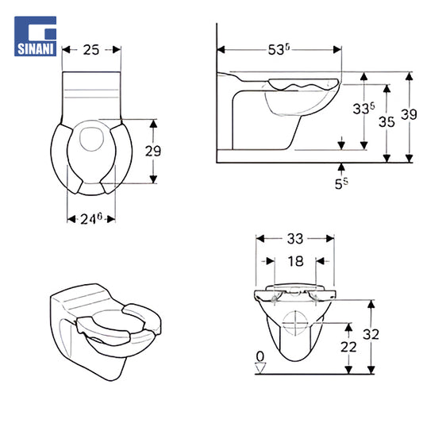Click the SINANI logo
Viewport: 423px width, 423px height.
[x=36, y=37]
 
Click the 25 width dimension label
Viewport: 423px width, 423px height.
[x=91, y=50]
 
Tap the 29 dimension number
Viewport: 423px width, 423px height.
[x=153, y=151]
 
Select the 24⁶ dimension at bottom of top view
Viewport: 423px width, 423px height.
[x=91, y=219]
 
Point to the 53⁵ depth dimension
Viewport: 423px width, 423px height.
[x=279, y=50]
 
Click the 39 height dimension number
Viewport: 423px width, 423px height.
[x=409, y=114]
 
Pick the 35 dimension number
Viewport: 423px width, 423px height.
[x=386, y=122]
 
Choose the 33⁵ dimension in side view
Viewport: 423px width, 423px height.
[x=363, y=109]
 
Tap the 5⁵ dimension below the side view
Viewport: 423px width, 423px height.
[x=341, y=183]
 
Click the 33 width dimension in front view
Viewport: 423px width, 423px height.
[x=295, y=239]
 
